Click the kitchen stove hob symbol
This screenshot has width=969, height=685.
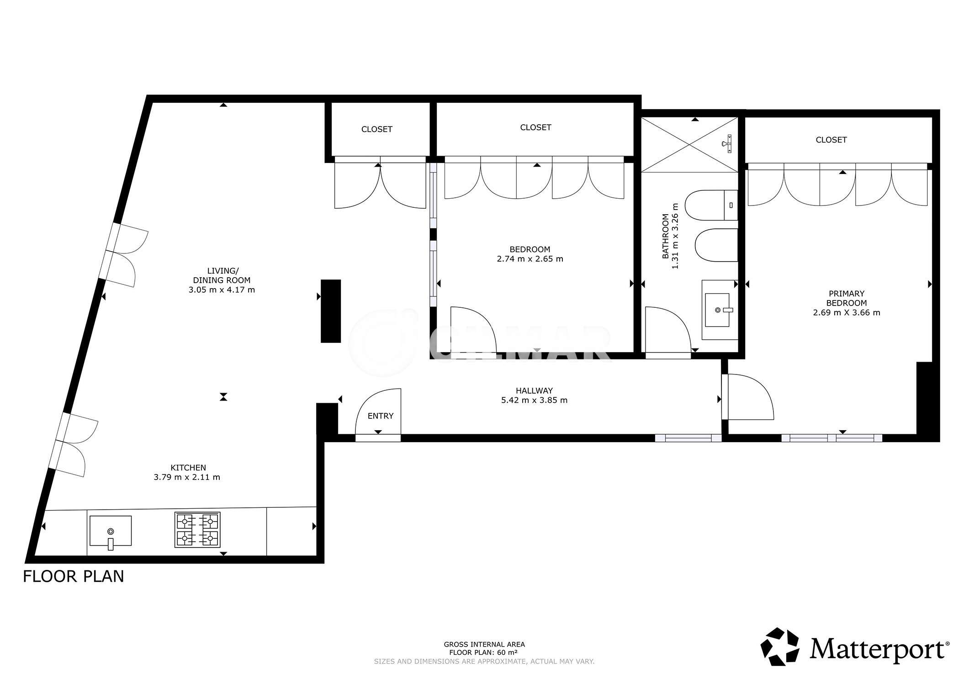click(x=197, y=530)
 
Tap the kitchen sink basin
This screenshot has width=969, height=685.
click(x=111, y=531)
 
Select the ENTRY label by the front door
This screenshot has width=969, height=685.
click(x=381, y=416)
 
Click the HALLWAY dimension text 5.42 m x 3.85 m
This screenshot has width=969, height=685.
click(x=535, y=400)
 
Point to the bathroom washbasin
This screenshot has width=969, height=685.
click(x=717, y=310)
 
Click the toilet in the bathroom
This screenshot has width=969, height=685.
click(x=712, y=205)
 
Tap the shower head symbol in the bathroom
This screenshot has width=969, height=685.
click(x=727, y=143)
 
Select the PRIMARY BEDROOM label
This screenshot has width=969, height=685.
click(x=847, y=298)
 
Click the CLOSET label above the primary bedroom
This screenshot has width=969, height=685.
click(x=831, y=140)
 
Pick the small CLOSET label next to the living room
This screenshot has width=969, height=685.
click(x=376, y=129)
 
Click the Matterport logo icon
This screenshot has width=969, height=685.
click(x=780, y=647)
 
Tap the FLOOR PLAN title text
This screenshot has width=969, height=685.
click(x=74, y=576)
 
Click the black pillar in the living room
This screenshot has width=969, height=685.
click(x=331, y=311)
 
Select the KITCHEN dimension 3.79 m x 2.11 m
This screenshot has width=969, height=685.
click(x=187, y=477)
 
